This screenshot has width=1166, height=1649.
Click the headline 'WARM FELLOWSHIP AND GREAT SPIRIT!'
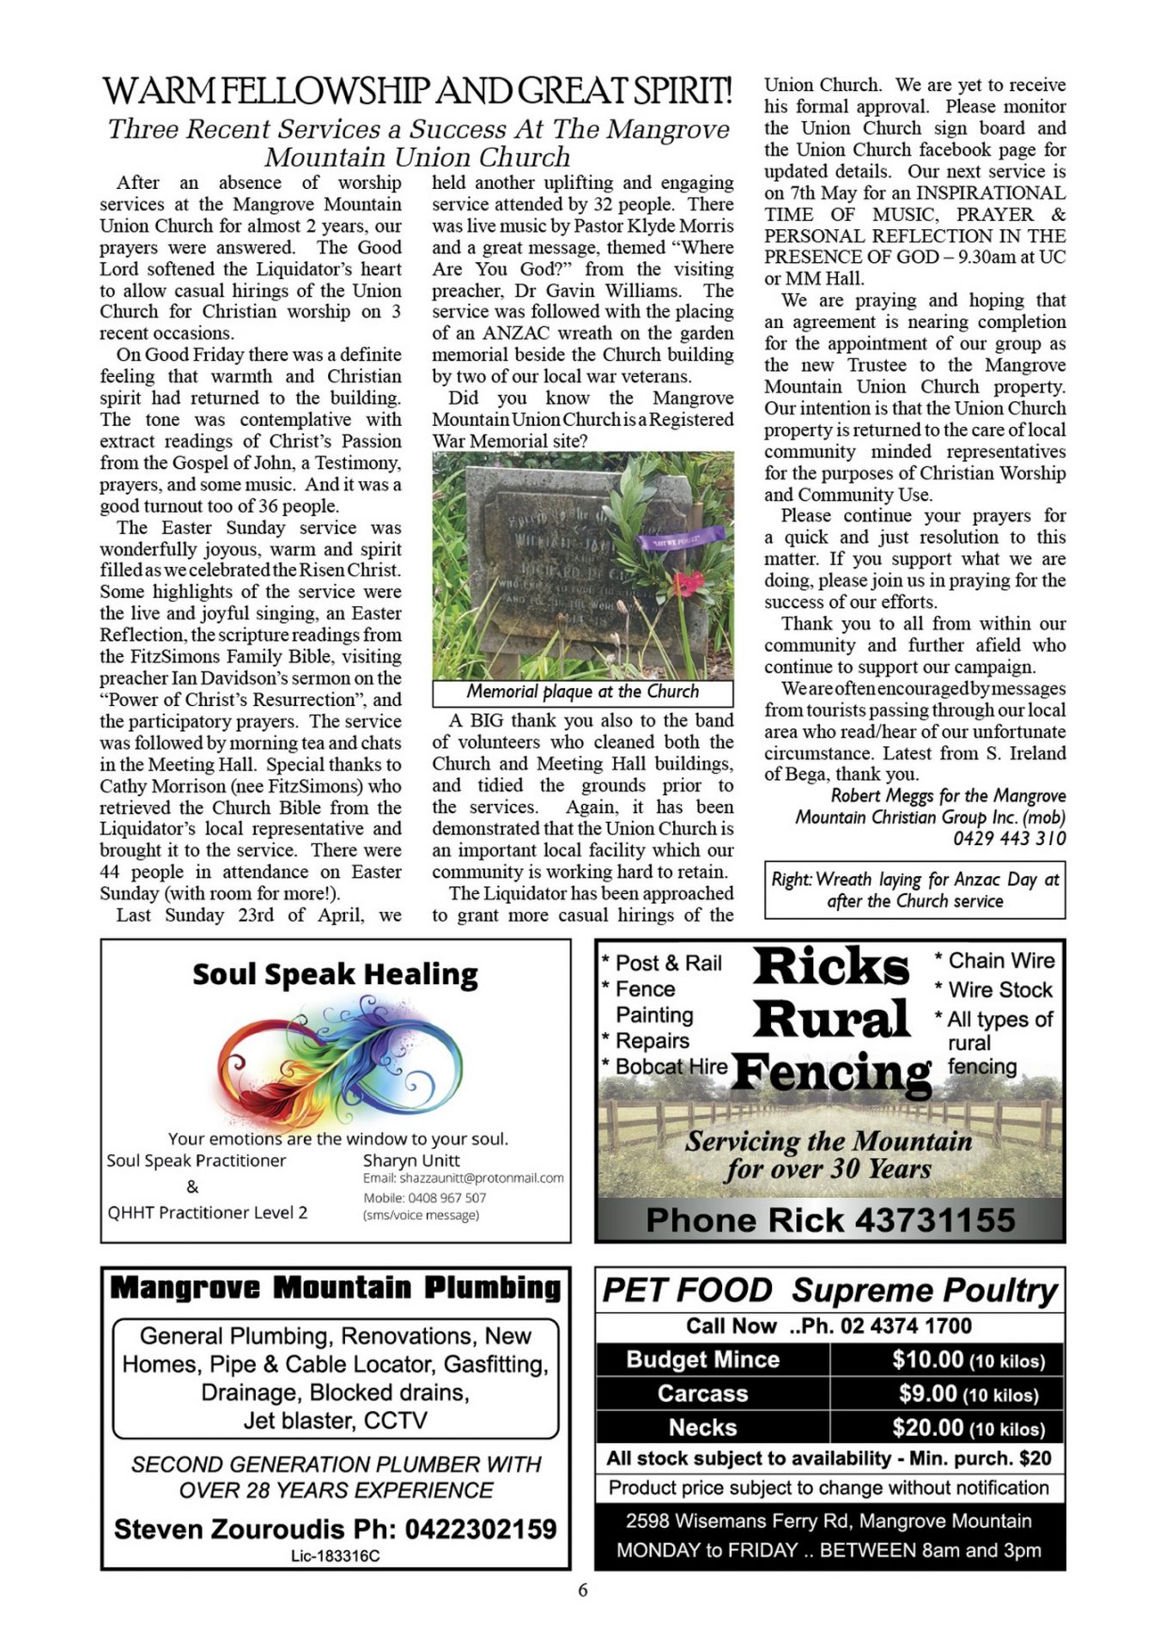coord(417,91)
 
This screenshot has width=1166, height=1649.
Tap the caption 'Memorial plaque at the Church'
coord(582,692)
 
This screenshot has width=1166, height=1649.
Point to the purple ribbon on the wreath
coord(680,539)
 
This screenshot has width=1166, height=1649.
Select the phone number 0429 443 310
coord(1009,838)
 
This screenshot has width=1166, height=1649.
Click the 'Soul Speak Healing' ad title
coord(335,975)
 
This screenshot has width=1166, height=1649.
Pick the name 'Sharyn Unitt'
coord(411,1160)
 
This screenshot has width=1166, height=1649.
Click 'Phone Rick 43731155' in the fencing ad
coord(829,1220)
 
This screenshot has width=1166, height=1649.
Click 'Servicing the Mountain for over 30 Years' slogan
coord(829,1155)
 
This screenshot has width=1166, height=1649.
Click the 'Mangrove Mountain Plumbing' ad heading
coord(335,1288)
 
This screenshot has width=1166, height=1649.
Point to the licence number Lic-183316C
coord(335,1556)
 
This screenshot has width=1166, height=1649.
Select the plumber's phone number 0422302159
coord(480,1530)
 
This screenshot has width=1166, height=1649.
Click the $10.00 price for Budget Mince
coord(927,1360)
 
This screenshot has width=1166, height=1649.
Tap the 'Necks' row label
coord(702,1428)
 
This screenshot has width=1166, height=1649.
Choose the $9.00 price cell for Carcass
coord(927,1394)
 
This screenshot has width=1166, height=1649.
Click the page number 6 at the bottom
coord(583,1591)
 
